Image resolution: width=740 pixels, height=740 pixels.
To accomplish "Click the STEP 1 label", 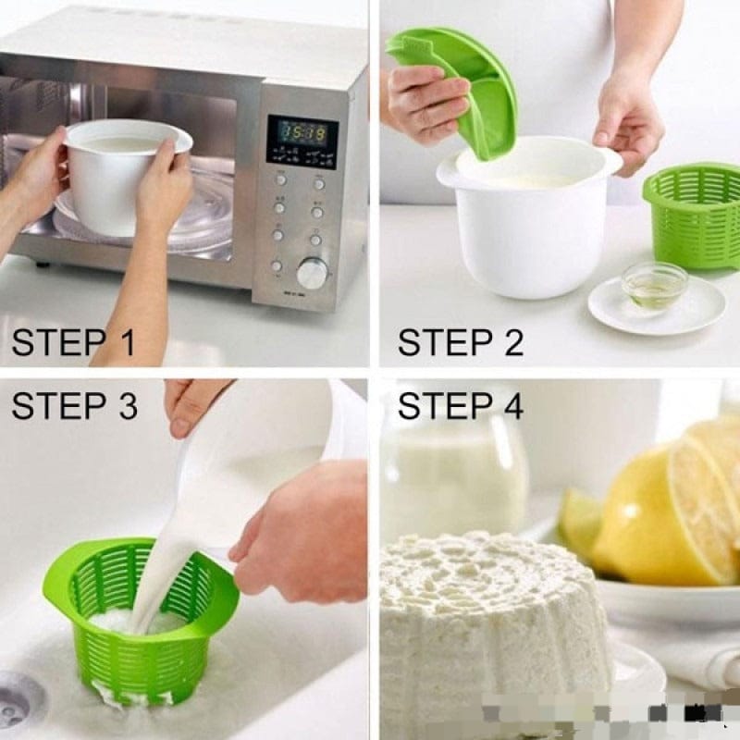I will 73,341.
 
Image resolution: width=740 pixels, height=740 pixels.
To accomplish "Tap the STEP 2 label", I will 460,341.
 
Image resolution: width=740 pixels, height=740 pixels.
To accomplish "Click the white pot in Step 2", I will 527,231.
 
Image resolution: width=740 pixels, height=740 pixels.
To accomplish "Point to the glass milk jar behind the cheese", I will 453,472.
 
